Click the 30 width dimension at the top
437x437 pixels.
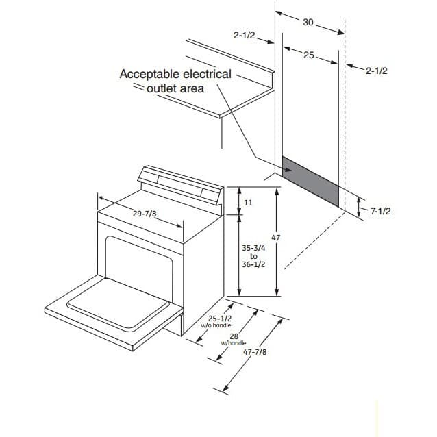pyautogui.click(x=308, y=23)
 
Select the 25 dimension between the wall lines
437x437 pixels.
pyautogui.click(x=308, y=55)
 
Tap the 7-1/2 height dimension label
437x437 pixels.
pyautogui.click(x=380, y=211)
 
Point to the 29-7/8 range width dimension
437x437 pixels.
pyautogui.click(x=145, y=214)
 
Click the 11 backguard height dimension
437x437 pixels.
pyautogui.click(x=248, y=203)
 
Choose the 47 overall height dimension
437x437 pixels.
pyautogui.click(x=275, y=238)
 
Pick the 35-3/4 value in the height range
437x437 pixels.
pyautogui.click(x=253, y=248)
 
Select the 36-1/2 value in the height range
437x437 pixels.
pyautogui.click(x=253, y=264)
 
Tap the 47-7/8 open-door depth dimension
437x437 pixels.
pyautogui.click(x=255, y=352)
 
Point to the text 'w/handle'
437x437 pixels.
pyautogui.click(x=234, y=343)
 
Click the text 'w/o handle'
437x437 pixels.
pyautogui.click(x=216, y=325)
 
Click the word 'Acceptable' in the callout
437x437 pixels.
pyautogui.click(x=149, y=75)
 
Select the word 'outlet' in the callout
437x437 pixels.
pyautogui.click(x=161, y=88)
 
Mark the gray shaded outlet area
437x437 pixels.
pyautogui.click(x=310, y=182)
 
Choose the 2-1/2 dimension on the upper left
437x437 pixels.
pyautogui.click(x=244, y=36)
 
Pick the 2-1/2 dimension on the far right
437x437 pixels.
pyautogui.click(x=377, y=71)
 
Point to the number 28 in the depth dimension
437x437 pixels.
pyautogui.click(x=234, y=336)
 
